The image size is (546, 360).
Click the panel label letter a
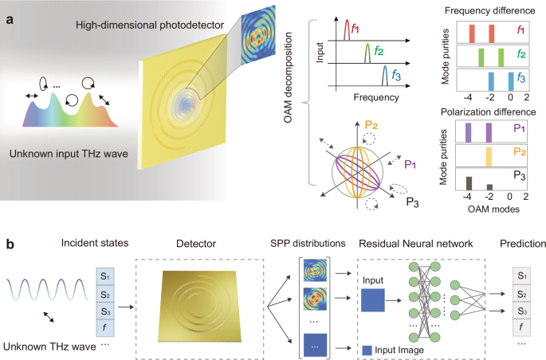pos(7,16)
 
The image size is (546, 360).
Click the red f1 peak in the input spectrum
pos(348,31)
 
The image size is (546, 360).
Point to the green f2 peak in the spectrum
pos(367,55)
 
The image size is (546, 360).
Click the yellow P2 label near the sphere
pos(371,126)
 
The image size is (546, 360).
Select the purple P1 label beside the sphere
pos(410,164)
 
